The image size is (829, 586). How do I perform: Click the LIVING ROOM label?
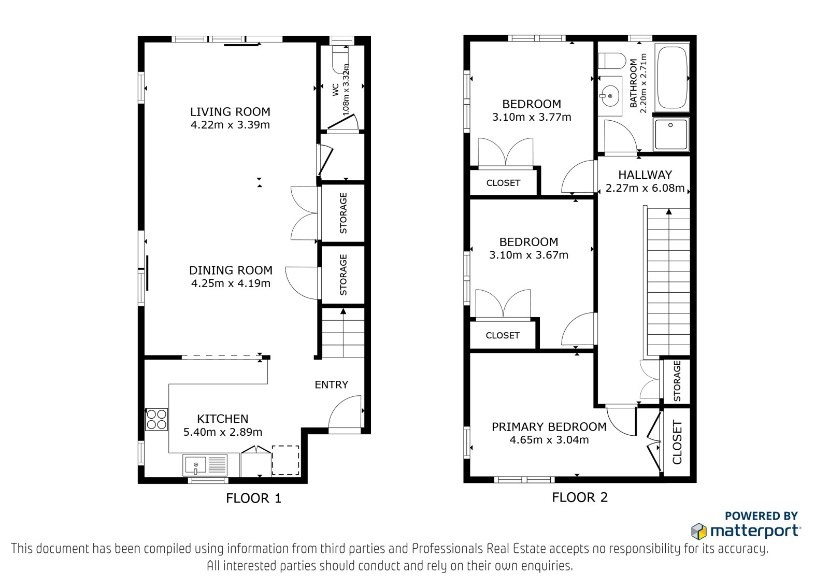[230, 112]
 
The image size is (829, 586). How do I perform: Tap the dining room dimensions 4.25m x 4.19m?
[231, 283]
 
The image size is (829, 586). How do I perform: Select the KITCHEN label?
[222, 419]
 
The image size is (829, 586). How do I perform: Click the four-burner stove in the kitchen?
[156, 419]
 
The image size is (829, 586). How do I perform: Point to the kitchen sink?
[205, 465]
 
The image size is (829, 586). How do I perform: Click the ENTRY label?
[331, 385]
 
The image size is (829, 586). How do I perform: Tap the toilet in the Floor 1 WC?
[340, 60]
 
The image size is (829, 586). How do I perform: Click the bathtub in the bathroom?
[672, 77]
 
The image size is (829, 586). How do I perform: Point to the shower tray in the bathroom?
[671, 134]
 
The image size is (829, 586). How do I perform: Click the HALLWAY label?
[645, 175]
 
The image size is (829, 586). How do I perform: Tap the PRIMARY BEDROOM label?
[549, 427]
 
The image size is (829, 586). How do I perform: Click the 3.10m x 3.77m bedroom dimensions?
[532, 117]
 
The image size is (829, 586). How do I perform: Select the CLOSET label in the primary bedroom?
[677, 442]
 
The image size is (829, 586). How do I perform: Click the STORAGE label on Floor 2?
[677, 381]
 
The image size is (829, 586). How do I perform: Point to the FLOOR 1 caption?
[253, 498]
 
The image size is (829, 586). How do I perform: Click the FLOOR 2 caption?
[580, 497]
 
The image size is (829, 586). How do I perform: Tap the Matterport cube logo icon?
[699, 531]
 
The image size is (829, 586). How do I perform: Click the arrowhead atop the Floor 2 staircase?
[669, 212]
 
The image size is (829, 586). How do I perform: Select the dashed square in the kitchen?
[285, 460]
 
